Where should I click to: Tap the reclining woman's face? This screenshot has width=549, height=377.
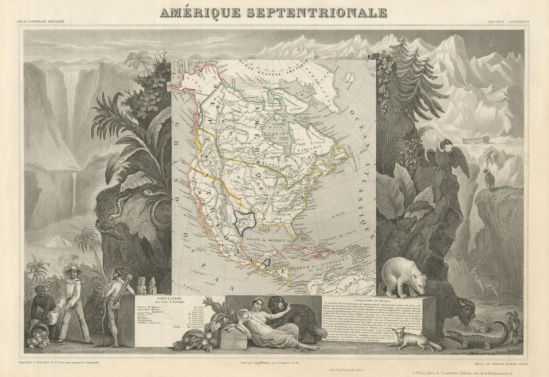(259, 303)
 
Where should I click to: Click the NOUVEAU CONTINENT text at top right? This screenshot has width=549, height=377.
(509, 22)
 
